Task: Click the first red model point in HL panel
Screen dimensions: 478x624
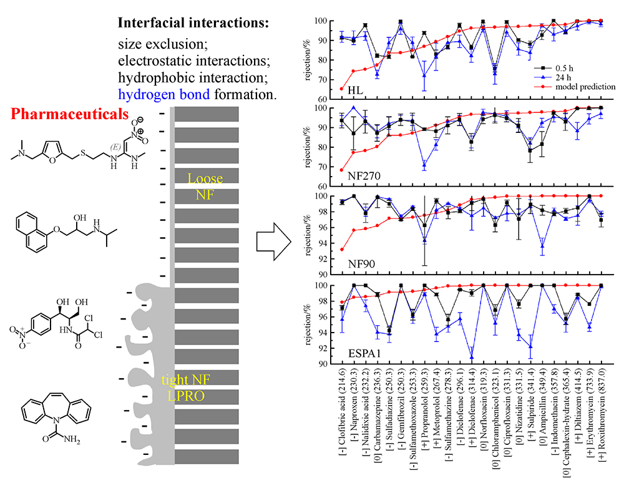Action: (x=341, y=89)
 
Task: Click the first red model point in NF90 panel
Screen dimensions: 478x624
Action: (x=341, y=250)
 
